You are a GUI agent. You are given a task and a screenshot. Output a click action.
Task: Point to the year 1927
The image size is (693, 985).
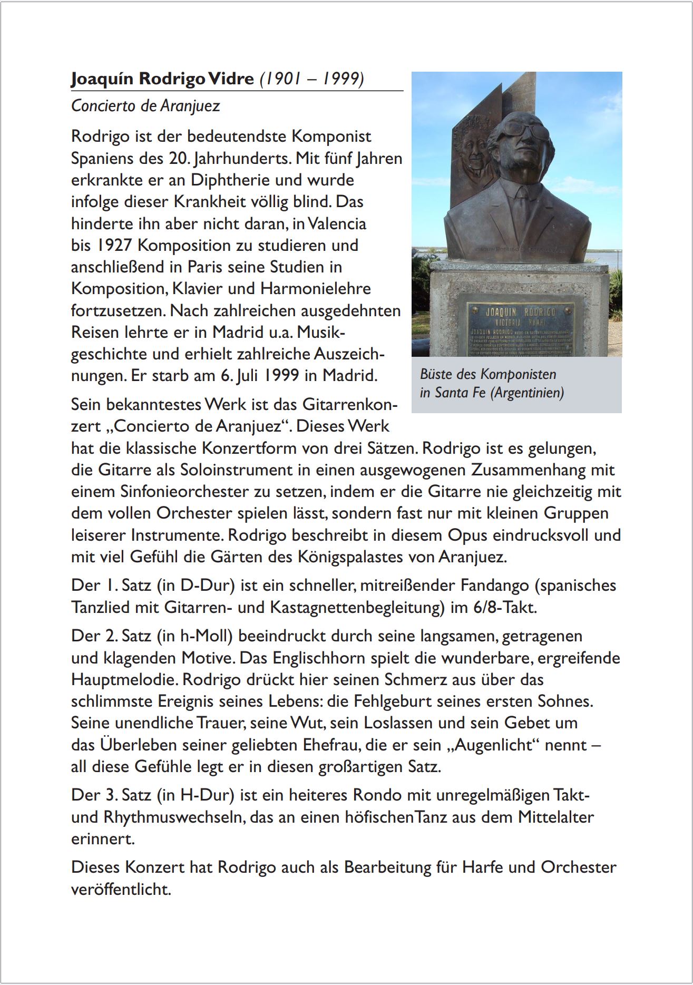pyautogui.click(x=115, y=246)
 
